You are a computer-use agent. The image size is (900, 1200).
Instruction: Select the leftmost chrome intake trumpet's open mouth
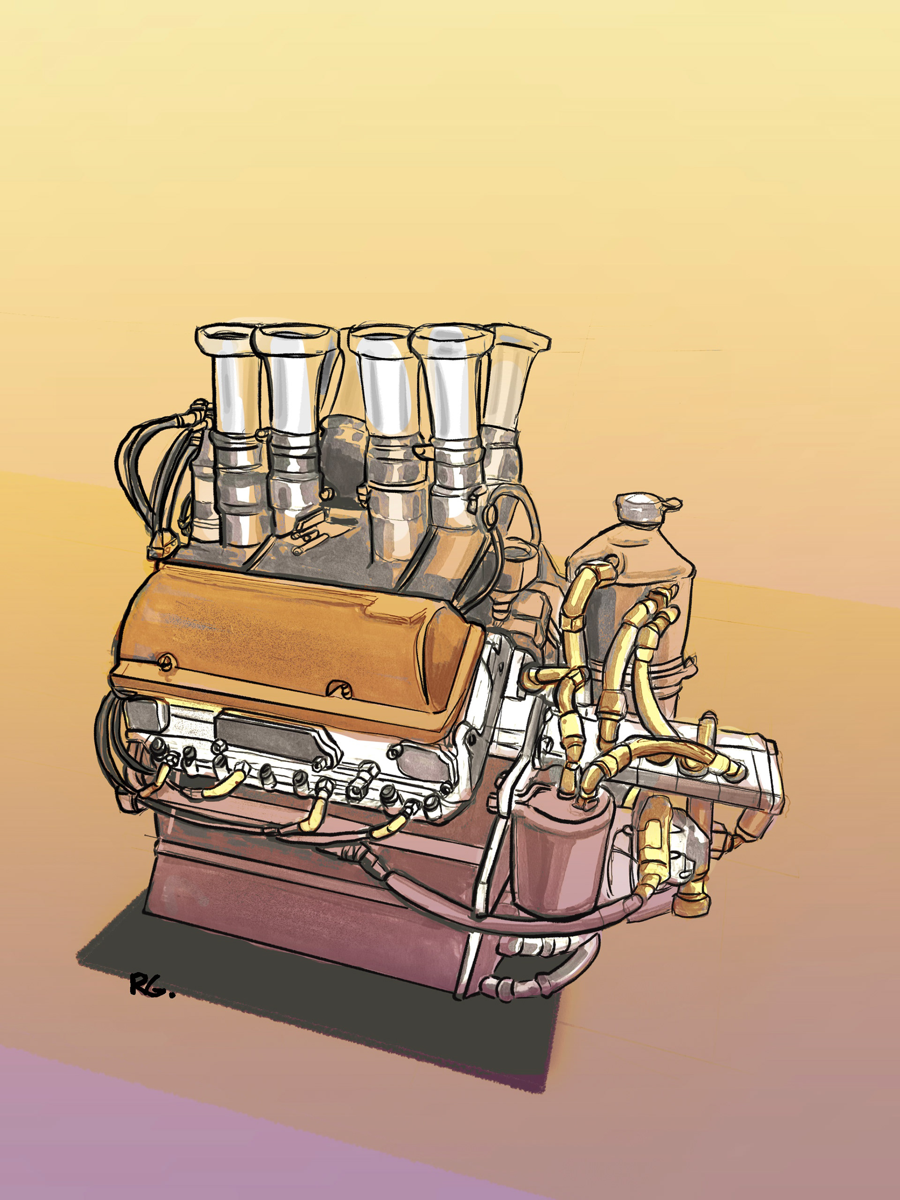pyautogui.click(x=227, y=336)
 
